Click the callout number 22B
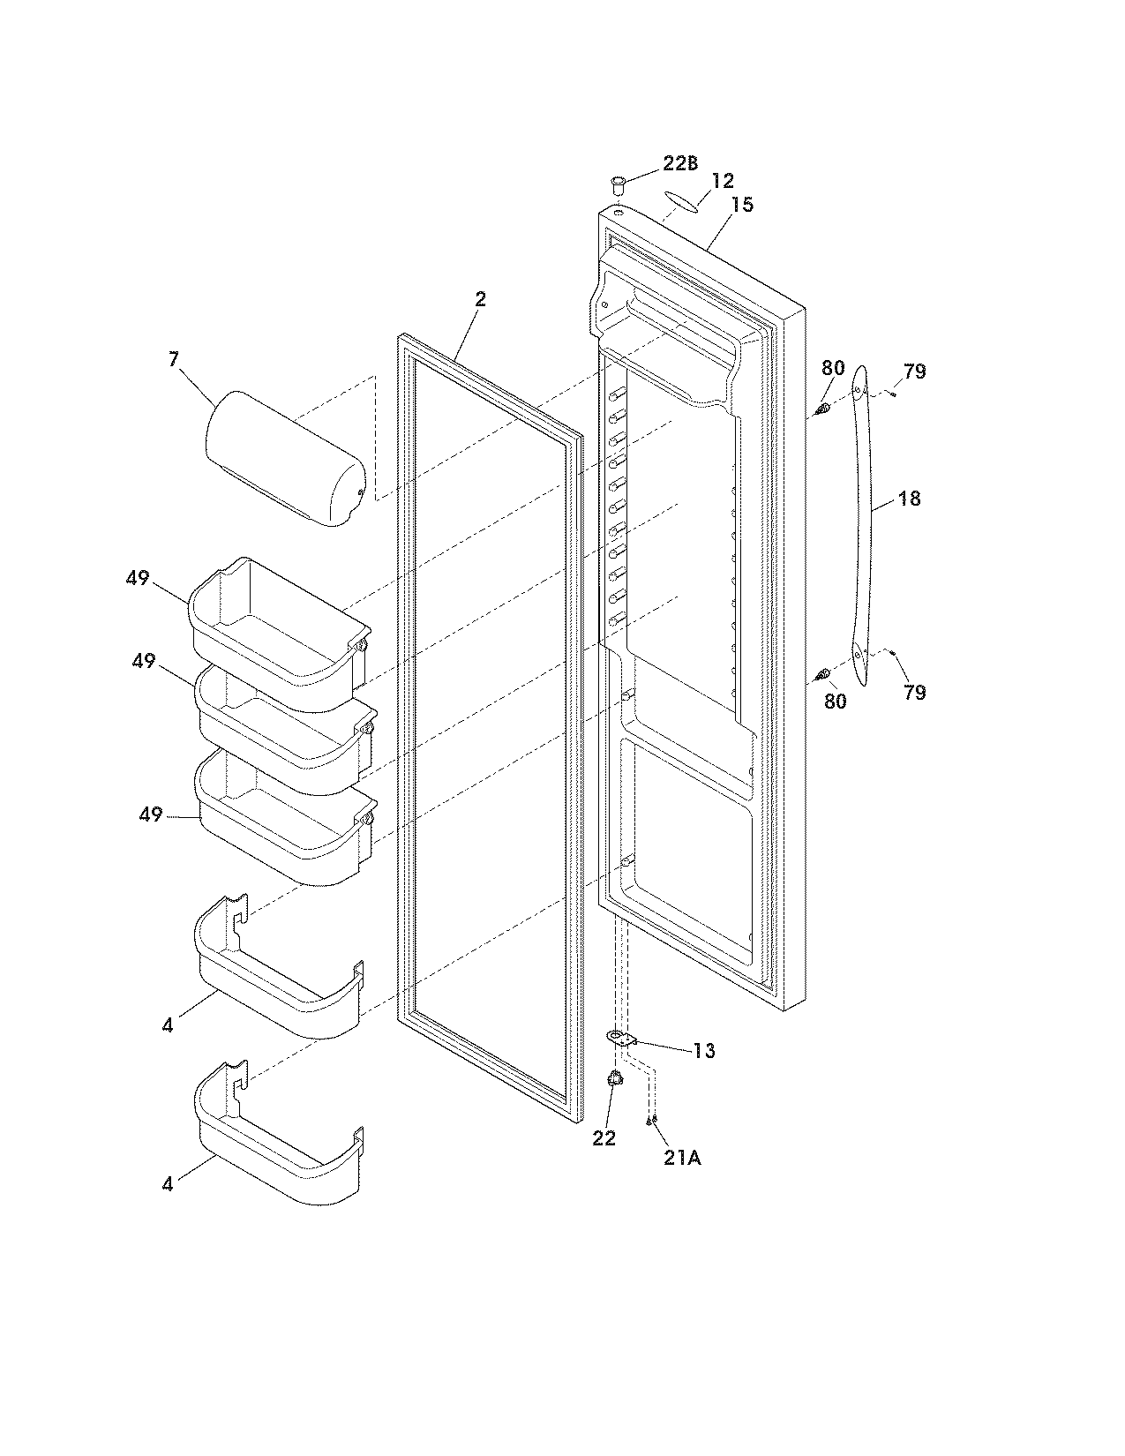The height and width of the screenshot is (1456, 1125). click(x=680, y=164)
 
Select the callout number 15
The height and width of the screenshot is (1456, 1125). click(x=742, y=205)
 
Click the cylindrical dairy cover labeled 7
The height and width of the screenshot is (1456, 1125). click(x=284, y=460)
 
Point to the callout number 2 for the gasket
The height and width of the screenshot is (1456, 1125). click(x=480, y=299)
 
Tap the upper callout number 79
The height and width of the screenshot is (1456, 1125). click(x=915, y=372)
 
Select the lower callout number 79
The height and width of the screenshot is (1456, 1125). click(x=915, y=692)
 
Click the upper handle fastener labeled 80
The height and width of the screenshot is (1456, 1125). click(x=822, y=409)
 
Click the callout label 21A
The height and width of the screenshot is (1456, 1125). click(x=682, y=1159)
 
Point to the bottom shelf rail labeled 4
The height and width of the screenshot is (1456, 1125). click(x=278, y=1138)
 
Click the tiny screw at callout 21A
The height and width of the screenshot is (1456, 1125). click(x=650, y=1121)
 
